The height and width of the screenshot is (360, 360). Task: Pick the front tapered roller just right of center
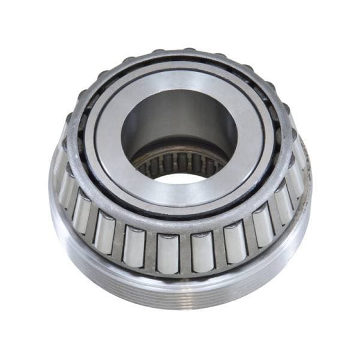pos(203,251)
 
